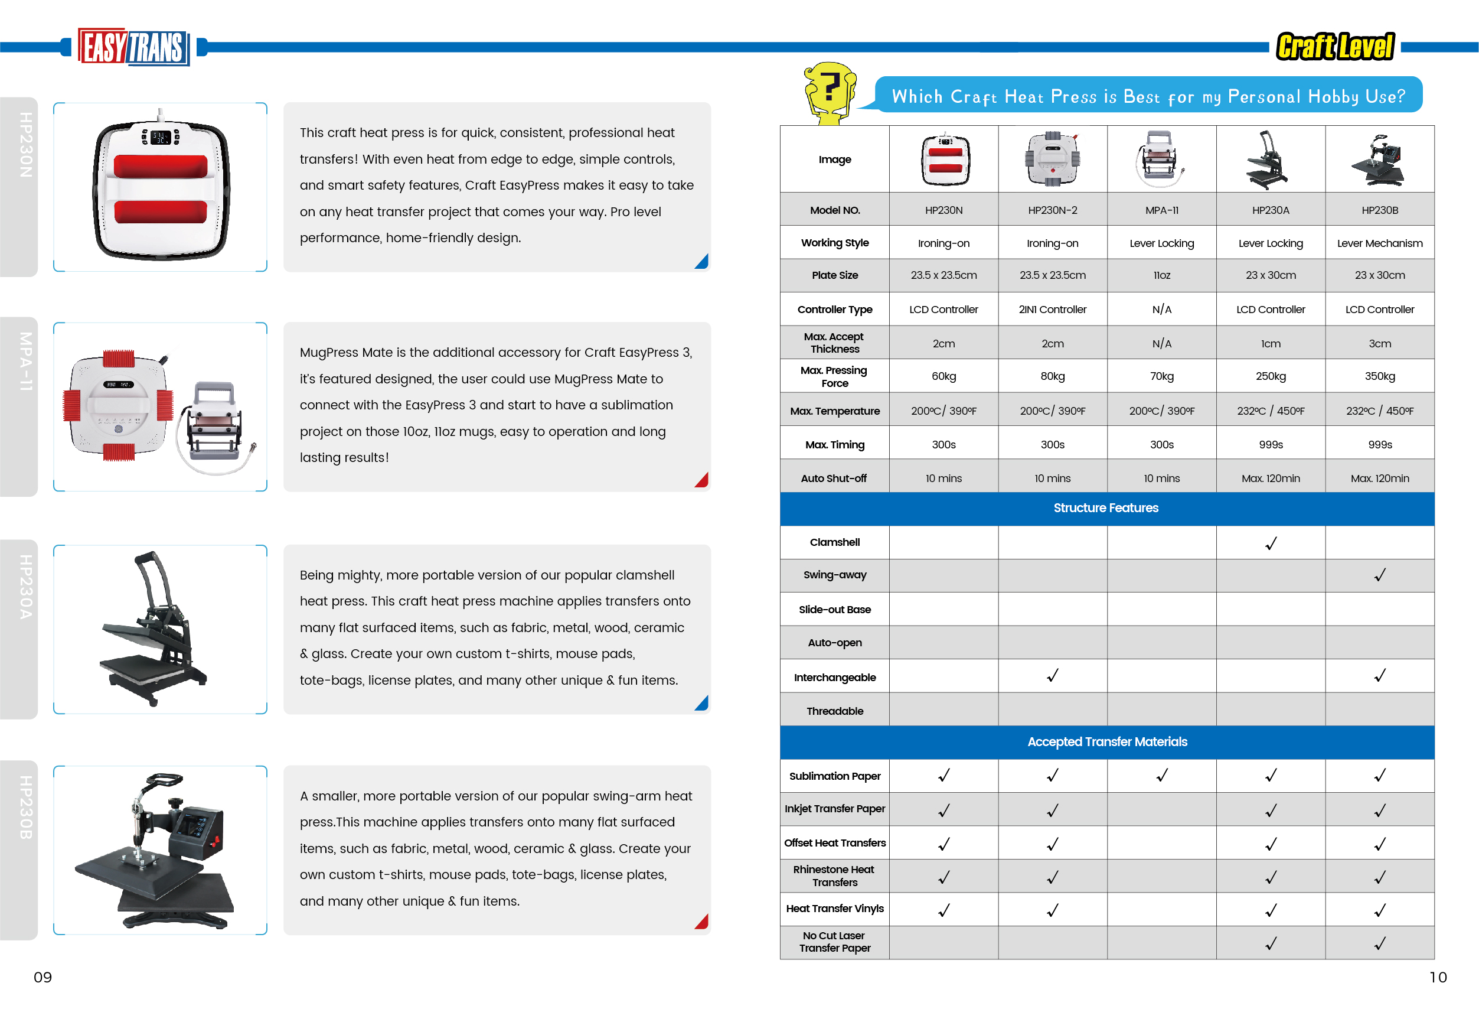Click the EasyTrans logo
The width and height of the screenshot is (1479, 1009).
[x=133, y=47]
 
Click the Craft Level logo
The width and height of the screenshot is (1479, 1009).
[x=1335, y=47]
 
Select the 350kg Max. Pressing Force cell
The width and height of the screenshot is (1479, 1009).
[x=1379, y=376]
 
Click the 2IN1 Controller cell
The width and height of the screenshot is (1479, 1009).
[x=1052, y=310]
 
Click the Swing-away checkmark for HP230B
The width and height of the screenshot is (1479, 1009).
[x=1379, y=575]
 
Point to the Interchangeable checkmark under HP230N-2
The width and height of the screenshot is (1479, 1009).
[x=1052, y=675]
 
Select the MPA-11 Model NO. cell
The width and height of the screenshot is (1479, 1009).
[x=1161, y=210]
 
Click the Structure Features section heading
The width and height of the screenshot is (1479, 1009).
[x=1105, y=508]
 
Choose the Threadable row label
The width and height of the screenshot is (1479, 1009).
[x=834, y=711]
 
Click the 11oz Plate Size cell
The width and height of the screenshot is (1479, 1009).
[x=1161, y=276]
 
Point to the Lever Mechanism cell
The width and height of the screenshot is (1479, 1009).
[x=1379, y=243]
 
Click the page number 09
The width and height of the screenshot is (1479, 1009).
[x=43, y=977]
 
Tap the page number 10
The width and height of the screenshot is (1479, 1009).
[x=1438, y=977]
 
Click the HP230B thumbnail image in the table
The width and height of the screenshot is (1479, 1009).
[x=1379, y=159]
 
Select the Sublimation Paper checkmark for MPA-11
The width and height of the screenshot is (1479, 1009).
[x=1161, y=776]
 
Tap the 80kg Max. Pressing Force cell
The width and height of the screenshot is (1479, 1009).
[x=1052, y=376]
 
